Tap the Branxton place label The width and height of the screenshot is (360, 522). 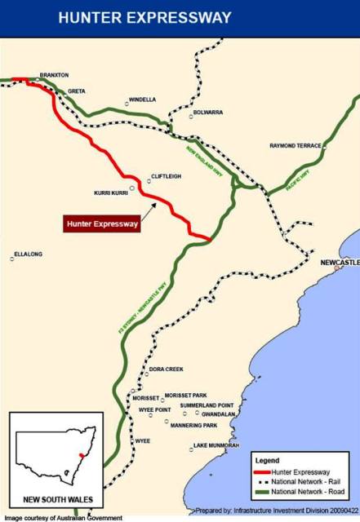pyautogui.click(x=54, y=75)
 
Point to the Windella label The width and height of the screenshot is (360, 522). pyautogui.click(x=142, y=100)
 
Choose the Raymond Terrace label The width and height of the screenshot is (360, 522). pyautogui.click(x=295, y=146)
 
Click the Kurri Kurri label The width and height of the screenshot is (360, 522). pyautogui.click(x=112, y=193)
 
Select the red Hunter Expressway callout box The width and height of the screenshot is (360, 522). pyautogui.click(x=102, y=222)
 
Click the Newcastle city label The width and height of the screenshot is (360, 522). pyautogui.click(x=339, y=263)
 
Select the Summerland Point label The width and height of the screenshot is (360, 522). pyautogui.click(x=207, y=405)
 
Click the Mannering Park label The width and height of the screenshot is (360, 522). pyautogui.click(x=194, y=425)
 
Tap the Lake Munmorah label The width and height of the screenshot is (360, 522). pyautogui.click(x=216, y=445)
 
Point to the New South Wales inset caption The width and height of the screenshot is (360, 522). pyautogui.click(x=57, y=498)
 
